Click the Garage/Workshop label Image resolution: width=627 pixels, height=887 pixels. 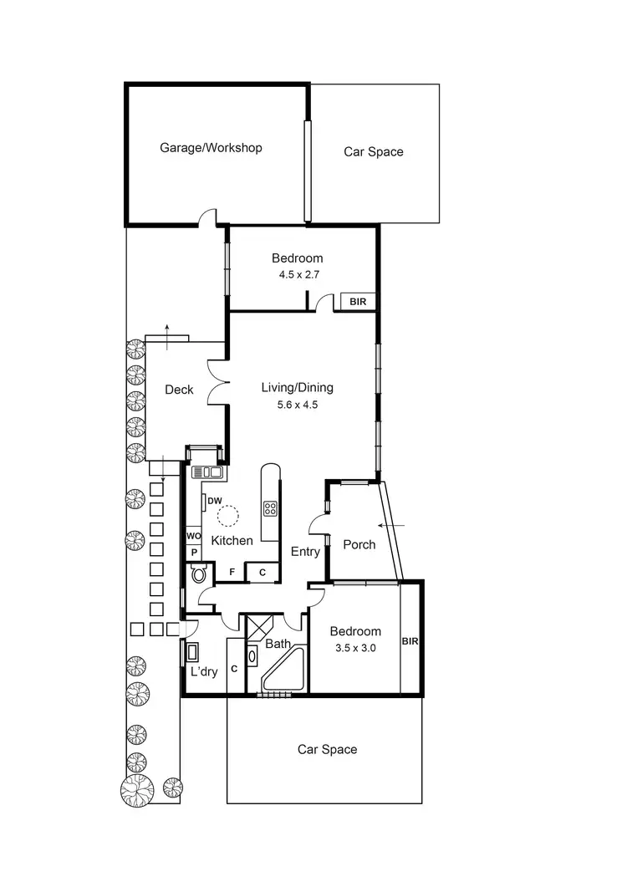point(211,148)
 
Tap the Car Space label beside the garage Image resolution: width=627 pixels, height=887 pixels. point(373,152)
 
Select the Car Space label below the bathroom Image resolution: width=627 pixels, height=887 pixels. point(327,750)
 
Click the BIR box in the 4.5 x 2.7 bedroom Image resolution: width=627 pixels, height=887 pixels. point(357,302)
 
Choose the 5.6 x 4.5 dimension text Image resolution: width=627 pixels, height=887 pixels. point(297,405)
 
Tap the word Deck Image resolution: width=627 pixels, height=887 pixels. point(179,390)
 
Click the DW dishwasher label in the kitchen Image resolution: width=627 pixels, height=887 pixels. point(214,502)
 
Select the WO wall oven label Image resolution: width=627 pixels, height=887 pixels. point(192,536)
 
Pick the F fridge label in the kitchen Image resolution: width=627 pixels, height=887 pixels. point(232,573)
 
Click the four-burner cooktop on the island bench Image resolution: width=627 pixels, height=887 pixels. point(271,508)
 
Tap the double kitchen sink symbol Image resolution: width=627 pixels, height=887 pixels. point(207,473)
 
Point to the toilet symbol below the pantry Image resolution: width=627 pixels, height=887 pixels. point(199,573)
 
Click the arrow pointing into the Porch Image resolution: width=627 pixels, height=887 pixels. point(390,525)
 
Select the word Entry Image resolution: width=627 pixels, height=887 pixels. point(305,552)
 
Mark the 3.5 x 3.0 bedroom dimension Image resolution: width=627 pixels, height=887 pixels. point(354,647)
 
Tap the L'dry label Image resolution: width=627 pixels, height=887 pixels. point(204,671)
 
